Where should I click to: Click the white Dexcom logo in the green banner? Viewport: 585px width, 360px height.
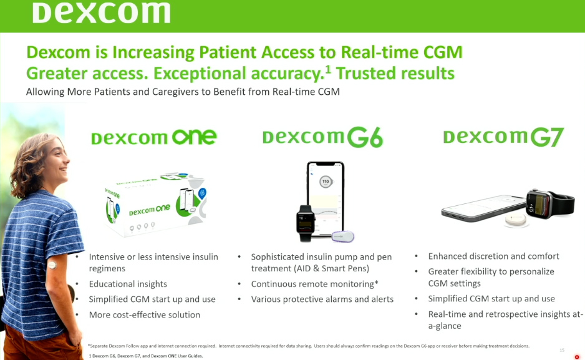point(102,12)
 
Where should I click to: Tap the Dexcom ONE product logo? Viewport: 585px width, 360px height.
point(153,137)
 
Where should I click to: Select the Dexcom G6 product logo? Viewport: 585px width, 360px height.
point(322,137)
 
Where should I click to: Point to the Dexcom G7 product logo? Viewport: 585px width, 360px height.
point(503,137)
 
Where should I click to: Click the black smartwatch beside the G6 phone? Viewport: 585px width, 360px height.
point(305,223)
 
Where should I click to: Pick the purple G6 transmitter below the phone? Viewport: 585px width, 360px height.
point(343,236)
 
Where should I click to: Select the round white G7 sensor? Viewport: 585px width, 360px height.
point(516,220)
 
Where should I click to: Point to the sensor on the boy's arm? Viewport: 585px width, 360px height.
point(52,265)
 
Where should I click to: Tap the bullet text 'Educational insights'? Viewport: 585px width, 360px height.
point(128,284)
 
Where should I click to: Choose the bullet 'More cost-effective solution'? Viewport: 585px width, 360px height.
point(145,315)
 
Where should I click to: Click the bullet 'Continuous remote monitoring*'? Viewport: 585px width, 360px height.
point(314,284)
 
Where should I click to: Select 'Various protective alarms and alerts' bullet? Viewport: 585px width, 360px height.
point(322,299)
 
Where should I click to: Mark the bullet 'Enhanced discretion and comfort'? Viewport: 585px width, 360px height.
point(493,256)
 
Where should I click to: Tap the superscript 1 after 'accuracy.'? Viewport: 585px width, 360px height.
point(328,69)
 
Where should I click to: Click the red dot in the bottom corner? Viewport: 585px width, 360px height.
point(577,357)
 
